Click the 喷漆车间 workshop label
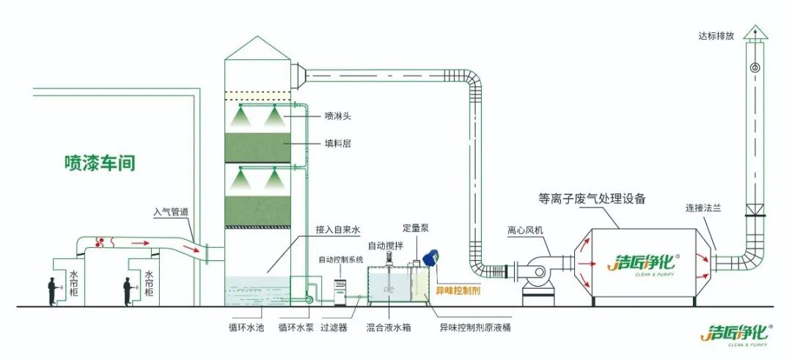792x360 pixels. (100, 163)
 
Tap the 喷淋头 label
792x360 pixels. (338, 115)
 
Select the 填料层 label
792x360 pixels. (338, 144)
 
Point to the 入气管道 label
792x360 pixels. (172, 213)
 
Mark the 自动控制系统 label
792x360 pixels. (341, 260)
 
